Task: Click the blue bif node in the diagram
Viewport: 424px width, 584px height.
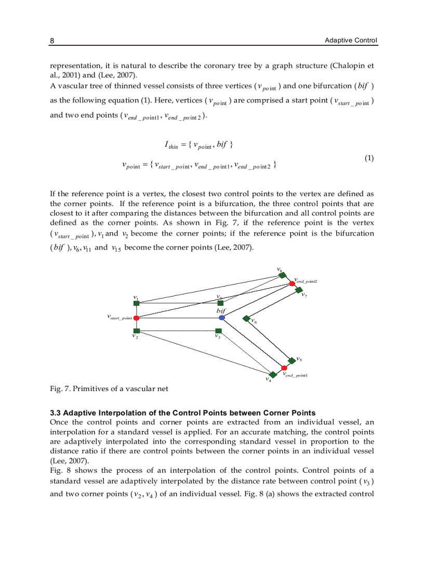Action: [222, 317]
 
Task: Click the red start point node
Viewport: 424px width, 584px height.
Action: [136, 317]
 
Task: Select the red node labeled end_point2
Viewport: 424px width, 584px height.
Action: [292, 283]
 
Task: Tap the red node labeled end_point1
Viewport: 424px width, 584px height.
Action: [284, 368]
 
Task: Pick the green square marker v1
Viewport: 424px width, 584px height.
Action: [136, 303]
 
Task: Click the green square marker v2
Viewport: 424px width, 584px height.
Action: [136, 331]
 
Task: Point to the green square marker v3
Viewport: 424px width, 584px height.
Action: [218, 331]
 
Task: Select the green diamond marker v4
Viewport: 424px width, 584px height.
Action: [273, 374]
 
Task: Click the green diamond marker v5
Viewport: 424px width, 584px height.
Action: [291, 360]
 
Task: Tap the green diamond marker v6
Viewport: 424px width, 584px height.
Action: [246, 318]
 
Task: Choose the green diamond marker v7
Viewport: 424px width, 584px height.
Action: [299, 290]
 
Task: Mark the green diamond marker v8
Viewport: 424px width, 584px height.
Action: [283, 276]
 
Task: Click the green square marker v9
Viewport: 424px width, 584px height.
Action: [220, 303]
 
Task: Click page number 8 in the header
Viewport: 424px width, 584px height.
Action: [52, 40]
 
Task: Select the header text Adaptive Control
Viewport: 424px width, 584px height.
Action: [351, 40]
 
